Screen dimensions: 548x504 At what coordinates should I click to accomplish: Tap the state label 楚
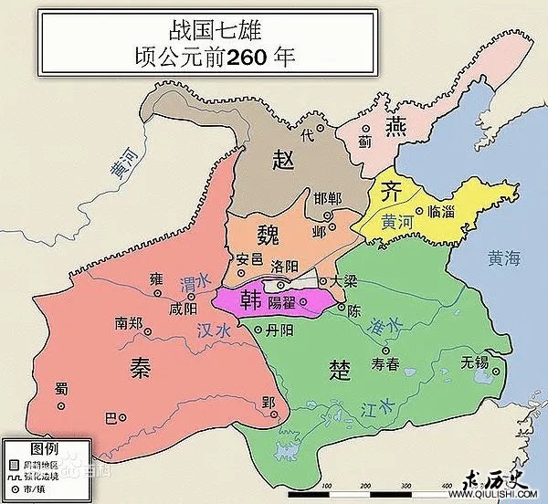coord(339,368)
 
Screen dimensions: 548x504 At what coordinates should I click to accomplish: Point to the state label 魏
coord(271,232)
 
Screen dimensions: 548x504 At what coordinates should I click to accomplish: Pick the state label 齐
coord(390,192)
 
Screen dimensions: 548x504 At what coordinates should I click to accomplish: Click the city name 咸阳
coord(183,309)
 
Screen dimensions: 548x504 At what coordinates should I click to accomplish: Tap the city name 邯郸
coord(326,199)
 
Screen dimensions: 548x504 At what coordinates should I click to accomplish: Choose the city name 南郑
coord(129,321)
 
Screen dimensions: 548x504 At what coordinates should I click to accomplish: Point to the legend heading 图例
coord(44,448)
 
